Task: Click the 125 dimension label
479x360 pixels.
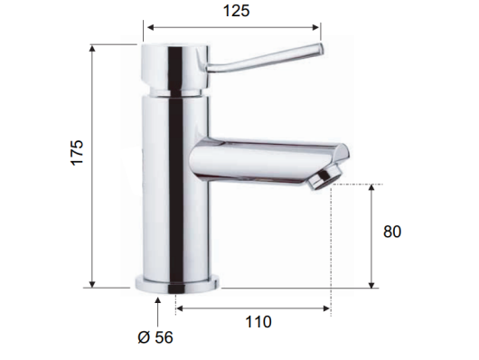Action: pyautogui.click(x=236, y=11)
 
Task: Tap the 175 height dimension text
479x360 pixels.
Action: pyautogui.click(x=77, y=153)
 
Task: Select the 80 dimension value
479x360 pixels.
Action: pyautogui.click(x=392, y=232)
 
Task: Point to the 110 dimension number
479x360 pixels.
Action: pyautogui.click(x=258, y=322)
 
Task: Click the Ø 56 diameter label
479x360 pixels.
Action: pyautogui.click(x=155, y=337)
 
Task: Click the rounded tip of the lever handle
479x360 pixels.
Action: pyautogui.click(x=320, y=50)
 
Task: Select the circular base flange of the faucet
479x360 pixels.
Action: pyautogui.click(x=177, y=284)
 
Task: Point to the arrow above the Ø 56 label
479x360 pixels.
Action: pyautogui.click(x=157, y=312)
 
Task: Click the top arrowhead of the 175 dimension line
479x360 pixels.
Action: pyautogui.click(x=92, y=48)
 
